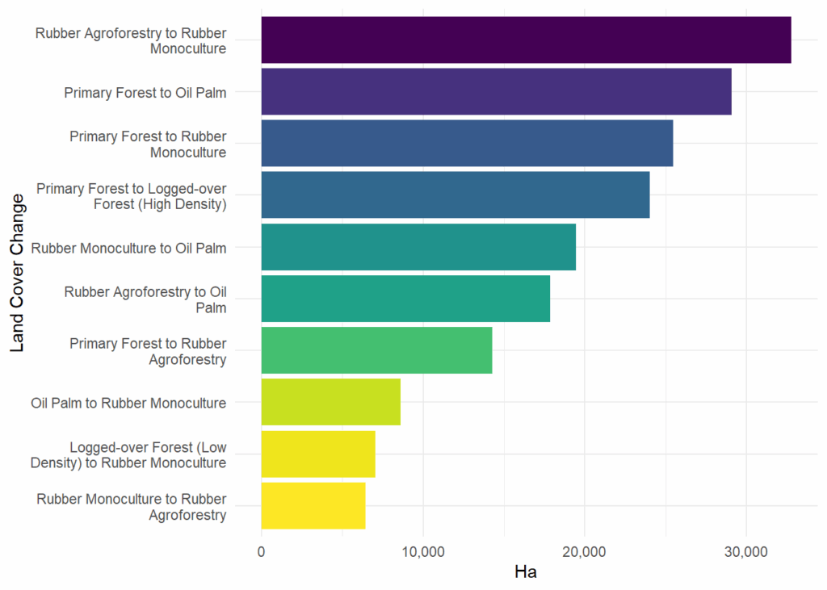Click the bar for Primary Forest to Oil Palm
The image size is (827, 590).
pyautogui.click(x=496, y=91)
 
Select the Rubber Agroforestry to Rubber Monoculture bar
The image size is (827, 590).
pyautogui.click(x=526, y=40)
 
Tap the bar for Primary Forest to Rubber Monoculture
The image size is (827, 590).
pyautogui.click(x=467, y=143)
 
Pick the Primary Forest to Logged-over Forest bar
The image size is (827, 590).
pyautogui.click(x=455, y=195)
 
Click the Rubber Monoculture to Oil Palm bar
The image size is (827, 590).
pyautogui.click(x=418, y=247)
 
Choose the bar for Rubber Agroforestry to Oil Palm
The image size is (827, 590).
pyautogui.click(x=405, y=299)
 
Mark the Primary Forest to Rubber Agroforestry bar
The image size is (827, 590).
pyautogui.click(x=376, y=350)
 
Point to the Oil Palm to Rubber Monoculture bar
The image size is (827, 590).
pyautogui.click(x=330, y=402)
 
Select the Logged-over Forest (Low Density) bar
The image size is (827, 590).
pyautogui.click(x=318, y=454)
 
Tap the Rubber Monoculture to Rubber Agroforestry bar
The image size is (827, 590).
pyautogui.click(x=313, y=505)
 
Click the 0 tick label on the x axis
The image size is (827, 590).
pyautogui.click(x=262, y=553)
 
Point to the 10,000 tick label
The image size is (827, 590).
pyautogui.click(x=423, y=553)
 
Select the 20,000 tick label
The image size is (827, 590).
pyautogui.click(x=585, y=553)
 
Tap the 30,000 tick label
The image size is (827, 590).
pyautogui.click(x=746, y=553)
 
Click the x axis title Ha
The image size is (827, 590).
pyautogui.click(x=526, y=573)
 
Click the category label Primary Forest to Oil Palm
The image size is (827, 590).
pyautogui.click(x=145, y=92)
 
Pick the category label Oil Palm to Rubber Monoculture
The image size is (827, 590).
pyautogui.click(x=128, y=403)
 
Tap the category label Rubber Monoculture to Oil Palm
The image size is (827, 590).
pyautogui.click(x=128, y=248)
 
